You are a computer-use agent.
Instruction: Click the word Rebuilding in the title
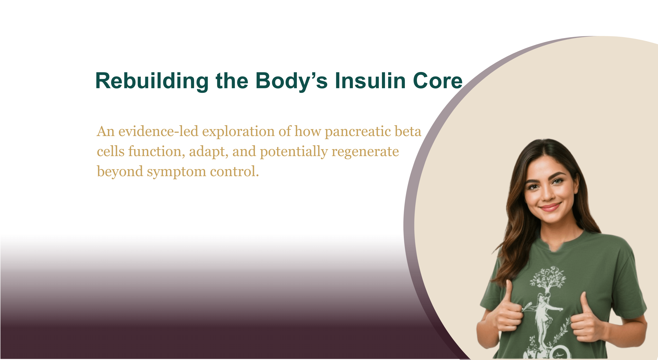pos(152,81)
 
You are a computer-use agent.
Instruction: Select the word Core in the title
pos(438,81)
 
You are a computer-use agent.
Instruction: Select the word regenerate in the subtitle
pos(365,152)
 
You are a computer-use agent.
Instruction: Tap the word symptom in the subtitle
pos(177,172)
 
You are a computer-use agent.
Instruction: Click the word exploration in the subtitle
pos(239,132)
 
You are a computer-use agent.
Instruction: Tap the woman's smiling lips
pos(550,207)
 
